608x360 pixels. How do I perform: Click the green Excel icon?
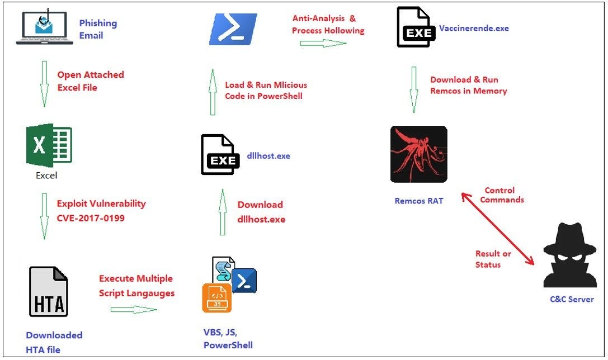[x=49, y=145]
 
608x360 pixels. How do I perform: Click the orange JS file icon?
[x=217, y=297]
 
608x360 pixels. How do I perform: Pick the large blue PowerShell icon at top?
[x=233, y=30]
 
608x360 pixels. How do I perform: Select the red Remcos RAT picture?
[x=418, y=154]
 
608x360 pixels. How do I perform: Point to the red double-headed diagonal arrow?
[x=496, y=228]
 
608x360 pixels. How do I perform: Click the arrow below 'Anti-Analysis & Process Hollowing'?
[x=323, y=44]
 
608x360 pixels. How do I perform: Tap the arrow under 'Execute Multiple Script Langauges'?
[x=134, y=309]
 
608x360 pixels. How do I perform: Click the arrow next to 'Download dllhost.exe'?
[x=223, y=212]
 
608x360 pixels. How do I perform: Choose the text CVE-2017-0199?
[x=91, y=217]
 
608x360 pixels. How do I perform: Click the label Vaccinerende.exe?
[x=474, y=27]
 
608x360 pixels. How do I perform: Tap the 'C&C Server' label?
[x=571, y=299]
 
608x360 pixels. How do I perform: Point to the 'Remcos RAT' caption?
[x=419, y=200]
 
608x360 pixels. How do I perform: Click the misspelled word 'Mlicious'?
[x=290, y=85]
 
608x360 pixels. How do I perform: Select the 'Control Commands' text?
[x=502, y=195]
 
